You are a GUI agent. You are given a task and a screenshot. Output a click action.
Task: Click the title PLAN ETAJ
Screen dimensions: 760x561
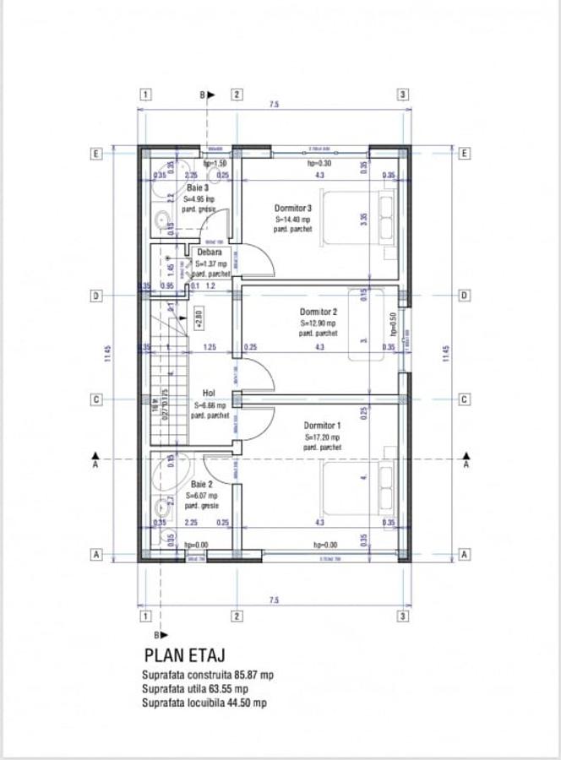[184, 654]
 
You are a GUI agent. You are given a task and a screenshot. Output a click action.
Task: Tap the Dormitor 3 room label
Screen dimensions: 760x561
[293, 208]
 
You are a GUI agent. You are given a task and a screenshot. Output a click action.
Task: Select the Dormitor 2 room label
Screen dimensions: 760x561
[319, 312]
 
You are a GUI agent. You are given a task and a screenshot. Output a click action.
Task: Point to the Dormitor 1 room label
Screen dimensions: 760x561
[323, 426]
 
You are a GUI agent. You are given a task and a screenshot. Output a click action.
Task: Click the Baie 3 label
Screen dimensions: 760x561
[198, 187]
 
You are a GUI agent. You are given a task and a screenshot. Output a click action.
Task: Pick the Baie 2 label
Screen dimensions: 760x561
[200, 485]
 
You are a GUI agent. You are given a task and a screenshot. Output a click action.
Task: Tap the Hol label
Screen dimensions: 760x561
[209, 394]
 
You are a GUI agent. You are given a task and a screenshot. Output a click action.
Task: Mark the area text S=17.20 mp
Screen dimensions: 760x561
[322, 437]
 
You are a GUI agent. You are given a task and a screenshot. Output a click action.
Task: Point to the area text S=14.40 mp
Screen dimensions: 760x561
[292, 219]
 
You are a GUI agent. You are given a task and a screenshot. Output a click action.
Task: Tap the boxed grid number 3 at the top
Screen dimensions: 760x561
[404, 95]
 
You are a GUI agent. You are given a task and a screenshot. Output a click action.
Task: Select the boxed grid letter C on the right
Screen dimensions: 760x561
[464, 399]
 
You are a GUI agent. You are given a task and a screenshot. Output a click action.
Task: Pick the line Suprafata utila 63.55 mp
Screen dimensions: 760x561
[195, 689]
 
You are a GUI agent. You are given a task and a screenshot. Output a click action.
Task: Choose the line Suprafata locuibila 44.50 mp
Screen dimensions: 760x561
[204, 703]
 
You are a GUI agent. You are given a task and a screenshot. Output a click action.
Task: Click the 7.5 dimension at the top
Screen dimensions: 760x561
[274, 105]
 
